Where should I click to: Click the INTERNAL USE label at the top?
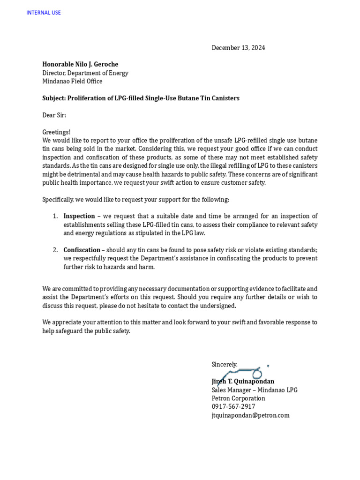(x=44, y=13)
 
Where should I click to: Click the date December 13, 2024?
(x=238, y=48)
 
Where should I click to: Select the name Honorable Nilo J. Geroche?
(x=80, y=64)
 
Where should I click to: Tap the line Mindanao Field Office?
(x=72, y=81)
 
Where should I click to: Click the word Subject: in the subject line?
(x=54, y=98)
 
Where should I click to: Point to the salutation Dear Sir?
(x=54, y=115)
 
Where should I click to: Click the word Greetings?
(x=56, y=132)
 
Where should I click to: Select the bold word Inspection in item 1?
(x=79, y=216)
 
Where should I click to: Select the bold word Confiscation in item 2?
(x=82, y=250)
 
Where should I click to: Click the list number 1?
(x=55, y=216)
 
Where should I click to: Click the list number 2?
(x=55, y=250)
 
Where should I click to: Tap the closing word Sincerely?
(x=225, y=364)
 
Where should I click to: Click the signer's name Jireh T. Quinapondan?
(x=243, y=382)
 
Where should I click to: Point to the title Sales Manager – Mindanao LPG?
(x=255, y=390)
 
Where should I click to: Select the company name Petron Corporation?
(x=238, y=398)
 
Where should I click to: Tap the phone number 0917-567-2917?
(x=233, y=407)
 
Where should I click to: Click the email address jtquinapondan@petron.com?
(x=250, y=415)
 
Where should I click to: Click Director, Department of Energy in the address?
(x=85, y=73)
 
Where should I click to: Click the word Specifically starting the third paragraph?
(x=58, y=199)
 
